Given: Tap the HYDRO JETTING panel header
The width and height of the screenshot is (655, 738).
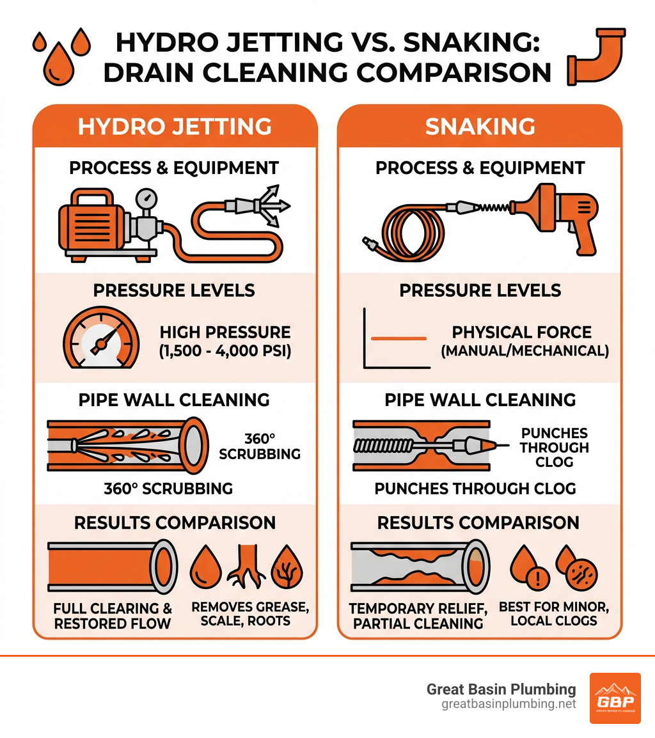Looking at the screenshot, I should (x=174, y=126).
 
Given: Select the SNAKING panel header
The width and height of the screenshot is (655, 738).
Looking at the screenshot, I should (x=480, y=126).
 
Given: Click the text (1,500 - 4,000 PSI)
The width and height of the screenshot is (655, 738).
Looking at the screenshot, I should (x=225, y=352).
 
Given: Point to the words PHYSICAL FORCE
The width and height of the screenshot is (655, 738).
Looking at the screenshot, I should (x=521, y=333).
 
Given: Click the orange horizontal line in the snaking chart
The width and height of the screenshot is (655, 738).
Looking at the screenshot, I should (x=399, y=338).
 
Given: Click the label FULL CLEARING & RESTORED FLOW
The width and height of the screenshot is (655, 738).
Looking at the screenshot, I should (x=113, y=616).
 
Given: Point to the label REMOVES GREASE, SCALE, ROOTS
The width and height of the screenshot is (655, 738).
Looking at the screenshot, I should (x=250, y=613).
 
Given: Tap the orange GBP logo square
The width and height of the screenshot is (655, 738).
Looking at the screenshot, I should (x=615, y=698).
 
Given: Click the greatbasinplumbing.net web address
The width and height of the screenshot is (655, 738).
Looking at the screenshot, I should (x=509, y=704).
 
